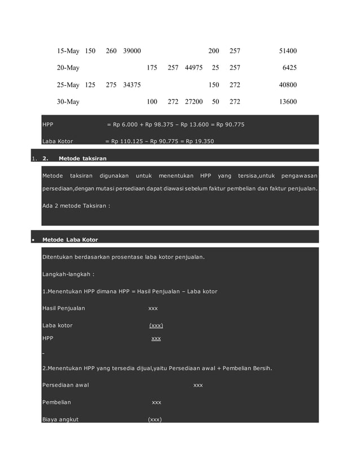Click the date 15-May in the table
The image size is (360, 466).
(68, 51)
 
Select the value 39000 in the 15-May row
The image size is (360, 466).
(132, 51)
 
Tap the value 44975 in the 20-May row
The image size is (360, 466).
(194, 68)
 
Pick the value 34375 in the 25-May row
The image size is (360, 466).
(132, 85)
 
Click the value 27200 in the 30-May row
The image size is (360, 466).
(194, 102)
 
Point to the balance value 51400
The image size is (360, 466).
(288, 51)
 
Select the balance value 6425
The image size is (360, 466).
(289, 68)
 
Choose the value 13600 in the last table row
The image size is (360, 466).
(288, 102)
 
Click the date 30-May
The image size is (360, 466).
(68, 102)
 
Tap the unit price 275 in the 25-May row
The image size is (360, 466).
(111, 85)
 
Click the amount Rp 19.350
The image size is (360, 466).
(198, 141)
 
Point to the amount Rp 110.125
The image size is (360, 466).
(128, 141)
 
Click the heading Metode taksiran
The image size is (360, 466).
(82, 159)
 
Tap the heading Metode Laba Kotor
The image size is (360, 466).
(70, 240)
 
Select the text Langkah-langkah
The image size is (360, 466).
(68, 274)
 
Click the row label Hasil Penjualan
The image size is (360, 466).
(63, 308)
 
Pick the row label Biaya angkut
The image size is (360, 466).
(60, 420)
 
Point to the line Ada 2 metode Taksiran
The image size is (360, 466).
(76, 206)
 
